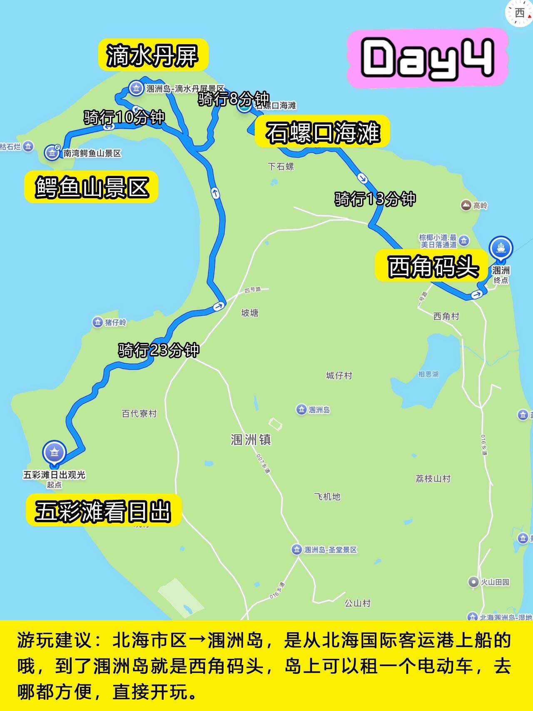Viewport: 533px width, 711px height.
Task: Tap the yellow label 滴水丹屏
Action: pos(152,55)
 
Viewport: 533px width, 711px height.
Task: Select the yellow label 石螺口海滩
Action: pos(323,132)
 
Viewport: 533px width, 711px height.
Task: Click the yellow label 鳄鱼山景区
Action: pos(92,187)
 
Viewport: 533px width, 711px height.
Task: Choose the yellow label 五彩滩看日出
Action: pos(103,511)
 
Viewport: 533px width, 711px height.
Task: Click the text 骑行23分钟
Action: pos(159,350)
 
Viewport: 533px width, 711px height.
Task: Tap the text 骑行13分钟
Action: pos(375,199)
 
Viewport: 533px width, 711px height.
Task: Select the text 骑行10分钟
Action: pos(124,117)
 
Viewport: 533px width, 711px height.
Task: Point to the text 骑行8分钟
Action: pos(233,99)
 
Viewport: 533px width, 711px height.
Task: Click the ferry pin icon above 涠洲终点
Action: pos(501,248)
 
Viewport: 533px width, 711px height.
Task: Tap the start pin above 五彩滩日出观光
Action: pos(54,453)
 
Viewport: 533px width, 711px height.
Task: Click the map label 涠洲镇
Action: pos(251,439)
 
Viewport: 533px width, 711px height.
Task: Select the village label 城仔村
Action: pos(339,376)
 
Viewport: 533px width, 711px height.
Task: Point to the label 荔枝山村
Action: pos(433,479)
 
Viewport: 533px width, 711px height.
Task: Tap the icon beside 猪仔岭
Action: pos(97,322)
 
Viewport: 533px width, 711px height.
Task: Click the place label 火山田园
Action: pos(495,582)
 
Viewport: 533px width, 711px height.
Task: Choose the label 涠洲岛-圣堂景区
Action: pos(330,550)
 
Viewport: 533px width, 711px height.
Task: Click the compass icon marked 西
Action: pos(519,13)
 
